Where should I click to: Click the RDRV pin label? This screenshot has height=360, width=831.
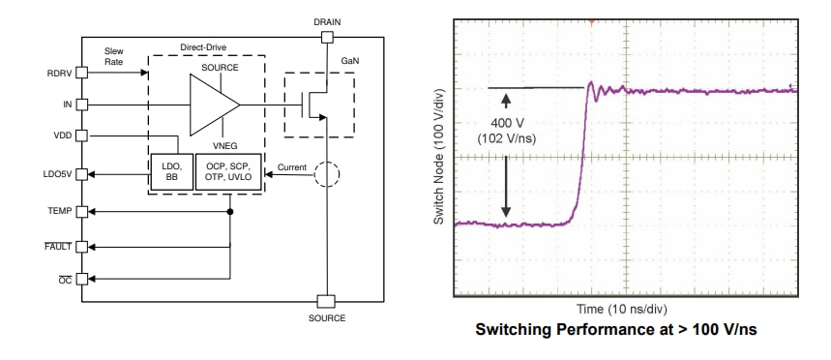59,72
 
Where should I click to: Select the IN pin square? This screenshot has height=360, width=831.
82,103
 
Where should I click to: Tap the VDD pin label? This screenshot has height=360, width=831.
61,136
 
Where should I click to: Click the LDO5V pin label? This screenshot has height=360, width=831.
56,174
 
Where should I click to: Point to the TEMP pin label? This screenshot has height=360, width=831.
59,210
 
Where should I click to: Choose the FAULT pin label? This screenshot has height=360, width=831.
58,247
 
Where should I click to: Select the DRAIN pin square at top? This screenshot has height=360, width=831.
327,37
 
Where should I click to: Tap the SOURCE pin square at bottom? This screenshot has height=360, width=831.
327,300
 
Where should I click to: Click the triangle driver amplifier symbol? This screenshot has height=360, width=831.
213,104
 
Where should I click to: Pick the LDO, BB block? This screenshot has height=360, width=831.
171,172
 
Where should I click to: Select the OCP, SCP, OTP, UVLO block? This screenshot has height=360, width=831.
228,172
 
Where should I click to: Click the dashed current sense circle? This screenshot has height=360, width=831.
327,173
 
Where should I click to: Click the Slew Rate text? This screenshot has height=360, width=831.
113,55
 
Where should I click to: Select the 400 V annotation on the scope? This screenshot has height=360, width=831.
507,125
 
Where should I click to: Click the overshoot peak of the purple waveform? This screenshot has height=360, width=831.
592,84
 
